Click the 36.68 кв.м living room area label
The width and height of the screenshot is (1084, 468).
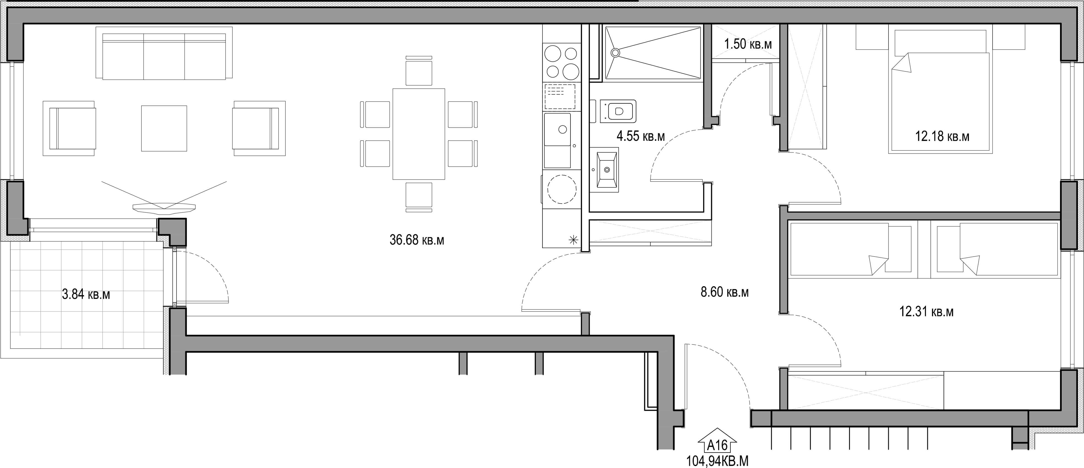pos(417,240)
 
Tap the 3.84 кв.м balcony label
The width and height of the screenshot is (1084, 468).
pos(86,294)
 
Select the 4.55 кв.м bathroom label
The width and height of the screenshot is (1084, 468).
pos(640,136)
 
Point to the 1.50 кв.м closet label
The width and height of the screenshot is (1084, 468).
pos(748,44)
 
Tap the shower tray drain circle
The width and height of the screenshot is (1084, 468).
pos(615,53)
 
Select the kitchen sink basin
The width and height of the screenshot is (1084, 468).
pos(558,130)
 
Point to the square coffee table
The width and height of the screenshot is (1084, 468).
pos(164,128)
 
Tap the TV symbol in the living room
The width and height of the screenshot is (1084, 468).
pos(164,198)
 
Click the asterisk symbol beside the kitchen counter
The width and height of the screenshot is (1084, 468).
pos(573,240)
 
